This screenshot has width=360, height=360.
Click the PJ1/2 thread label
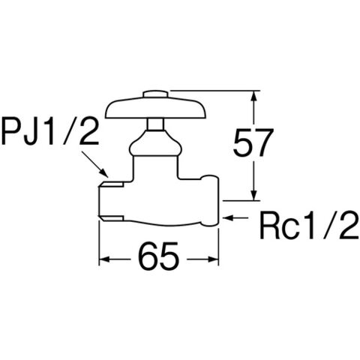coord(50,132)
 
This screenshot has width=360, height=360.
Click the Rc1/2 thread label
coord(310,226)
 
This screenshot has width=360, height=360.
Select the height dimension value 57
coord(252,143)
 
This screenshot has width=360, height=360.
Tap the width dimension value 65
coord(159,256)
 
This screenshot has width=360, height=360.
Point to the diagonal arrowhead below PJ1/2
coord(104,173)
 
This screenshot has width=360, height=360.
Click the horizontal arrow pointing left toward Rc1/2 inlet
coord(235,217)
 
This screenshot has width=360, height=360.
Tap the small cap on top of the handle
coord(155,94)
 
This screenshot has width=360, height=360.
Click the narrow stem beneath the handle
coord(155,124)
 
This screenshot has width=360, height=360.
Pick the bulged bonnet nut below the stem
coord(155,144)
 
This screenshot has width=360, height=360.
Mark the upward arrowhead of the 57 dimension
coord(254,96)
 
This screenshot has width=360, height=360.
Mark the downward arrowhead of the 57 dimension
coord(254,195)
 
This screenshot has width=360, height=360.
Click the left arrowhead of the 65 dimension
coord(105,259)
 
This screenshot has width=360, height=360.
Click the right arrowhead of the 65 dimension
coord(214,259)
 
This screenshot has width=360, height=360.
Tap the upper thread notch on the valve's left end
coord(112,184)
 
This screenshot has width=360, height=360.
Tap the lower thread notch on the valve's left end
coord(112,219)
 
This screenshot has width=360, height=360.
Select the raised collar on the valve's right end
coord(210,201)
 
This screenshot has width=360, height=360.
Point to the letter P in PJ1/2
coord(12,133)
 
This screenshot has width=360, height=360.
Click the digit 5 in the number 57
coord(242,143)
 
